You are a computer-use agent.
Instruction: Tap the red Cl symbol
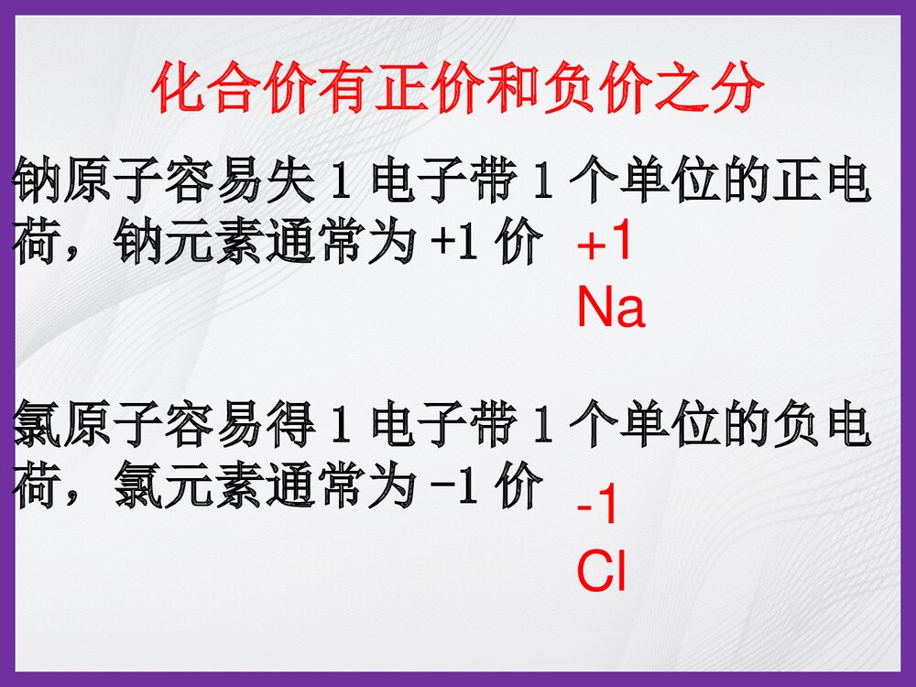pyautogui.click(x=601, y=572)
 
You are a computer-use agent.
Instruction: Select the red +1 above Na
pyautogui.click(x=605, y=245)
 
